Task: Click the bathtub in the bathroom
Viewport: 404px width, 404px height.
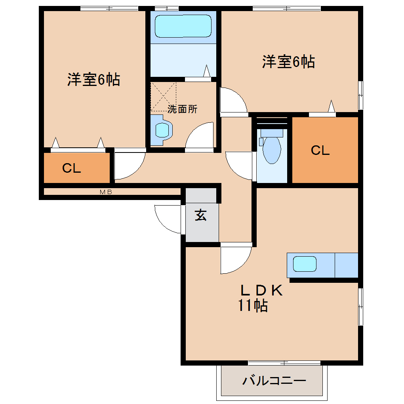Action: [183, 26]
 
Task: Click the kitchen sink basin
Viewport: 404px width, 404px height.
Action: [304, 264]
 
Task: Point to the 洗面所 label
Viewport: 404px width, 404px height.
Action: [182, 109]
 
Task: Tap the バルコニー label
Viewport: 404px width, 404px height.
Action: [274, 381]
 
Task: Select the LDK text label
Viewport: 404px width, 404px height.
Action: [261, 291]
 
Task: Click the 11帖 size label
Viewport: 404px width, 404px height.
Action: [252, 306]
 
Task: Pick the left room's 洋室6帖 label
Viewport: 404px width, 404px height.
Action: [93, 80]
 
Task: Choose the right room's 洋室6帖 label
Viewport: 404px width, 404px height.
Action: [288, 62]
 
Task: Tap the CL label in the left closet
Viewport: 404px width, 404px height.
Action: [72, 168]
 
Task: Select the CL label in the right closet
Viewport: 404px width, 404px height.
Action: [320, 150]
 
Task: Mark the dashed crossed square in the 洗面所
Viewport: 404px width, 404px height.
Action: [163, 97]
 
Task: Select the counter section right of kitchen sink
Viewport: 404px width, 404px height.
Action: [347, 265]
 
